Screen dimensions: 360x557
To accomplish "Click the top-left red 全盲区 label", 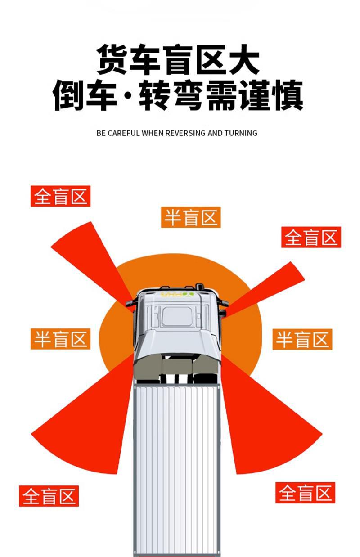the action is click(x=60, y=196).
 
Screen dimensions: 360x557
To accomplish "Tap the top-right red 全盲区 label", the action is click(x=311, y=237).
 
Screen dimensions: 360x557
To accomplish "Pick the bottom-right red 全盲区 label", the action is click(x=305, y=493).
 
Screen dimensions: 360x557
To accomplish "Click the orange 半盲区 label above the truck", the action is click(x=191, y=217).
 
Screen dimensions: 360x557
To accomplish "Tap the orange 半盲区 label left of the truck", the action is click(x=60, y=339).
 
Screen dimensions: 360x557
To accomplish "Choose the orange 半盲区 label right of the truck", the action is click(x=302, y=339).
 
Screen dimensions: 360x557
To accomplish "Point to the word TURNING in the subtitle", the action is click(x=241, y=133).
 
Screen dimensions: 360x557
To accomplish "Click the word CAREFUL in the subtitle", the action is click(x=124, y=133).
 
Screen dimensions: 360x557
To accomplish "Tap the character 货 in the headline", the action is click(x=112, y=59).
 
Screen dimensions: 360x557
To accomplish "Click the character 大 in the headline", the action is click(x=244, y=59).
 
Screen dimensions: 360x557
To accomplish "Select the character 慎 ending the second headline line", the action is click(x=288, y=95).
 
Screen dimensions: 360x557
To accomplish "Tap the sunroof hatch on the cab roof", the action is click(x=177, y=316).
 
